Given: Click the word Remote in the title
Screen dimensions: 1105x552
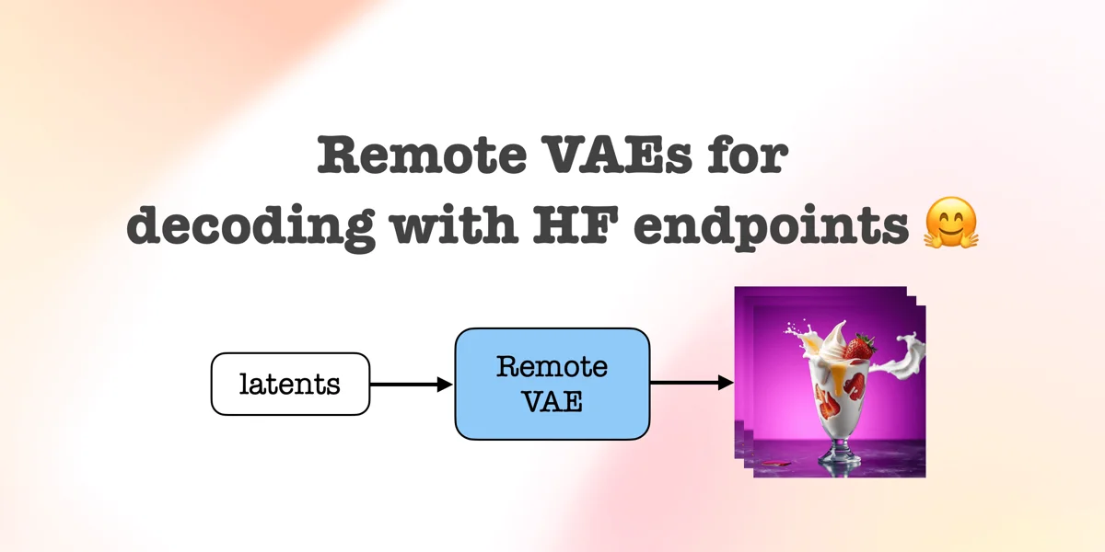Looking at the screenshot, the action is point(422,155).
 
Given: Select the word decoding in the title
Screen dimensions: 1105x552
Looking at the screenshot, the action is point(250,224).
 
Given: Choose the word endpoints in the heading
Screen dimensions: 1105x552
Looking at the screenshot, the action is point(771,226).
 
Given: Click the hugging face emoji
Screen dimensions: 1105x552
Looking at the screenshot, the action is point(950,223).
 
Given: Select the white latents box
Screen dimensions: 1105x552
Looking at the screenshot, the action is point(290,384).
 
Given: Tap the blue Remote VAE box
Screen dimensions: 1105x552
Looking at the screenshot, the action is point(552,384).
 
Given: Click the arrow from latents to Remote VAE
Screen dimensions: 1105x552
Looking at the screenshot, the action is point(412,384).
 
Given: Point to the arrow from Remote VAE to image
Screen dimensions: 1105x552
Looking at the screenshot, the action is point(692,382).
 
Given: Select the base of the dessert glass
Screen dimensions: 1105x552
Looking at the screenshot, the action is point(838,459).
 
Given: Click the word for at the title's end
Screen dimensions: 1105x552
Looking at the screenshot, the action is point(748,155).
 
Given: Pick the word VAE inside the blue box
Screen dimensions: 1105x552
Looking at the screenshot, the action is point(552,401).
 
